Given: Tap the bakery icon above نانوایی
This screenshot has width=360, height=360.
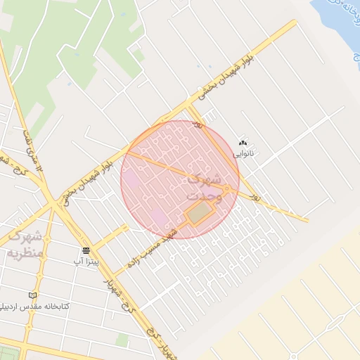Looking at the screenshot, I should click(x=244, y=143).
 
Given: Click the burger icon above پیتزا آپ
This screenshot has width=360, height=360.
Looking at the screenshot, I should click(x=86, y=250).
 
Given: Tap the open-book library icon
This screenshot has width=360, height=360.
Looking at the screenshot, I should click(x=32, y=295).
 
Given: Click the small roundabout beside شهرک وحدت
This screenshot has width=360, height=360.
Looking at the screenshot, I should click(x=226, y=188).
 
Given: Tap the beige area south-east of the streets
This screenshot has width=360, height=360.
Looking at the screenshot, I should click(x=295, y=309).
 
